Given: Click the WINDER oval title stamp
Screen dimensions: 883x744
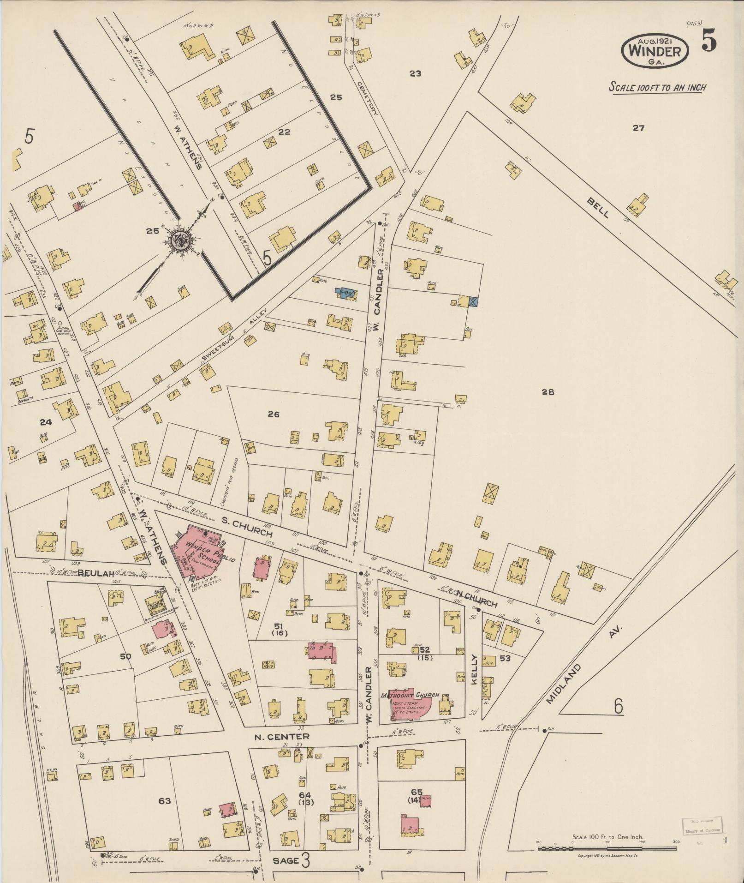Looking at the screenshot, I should [x=655, y=51].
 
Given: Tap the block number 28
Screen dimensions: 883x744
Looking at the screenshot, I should [x=548, y=392].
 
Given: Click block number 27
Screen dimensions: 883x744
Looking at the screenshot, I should [x=638, y=128].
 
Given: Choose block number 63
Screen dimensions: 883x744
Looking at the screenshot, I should [x=165, y=801].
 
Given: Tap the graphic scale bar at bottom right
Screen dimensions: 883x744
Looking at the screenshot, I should [x=607, y=848].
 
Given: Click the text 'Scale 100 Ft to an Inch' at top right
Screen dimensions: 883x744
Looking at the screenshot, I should [x=658, y=87].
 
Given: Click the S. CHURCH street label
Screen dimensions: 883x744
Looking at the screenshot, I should [x=247, y=527].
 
